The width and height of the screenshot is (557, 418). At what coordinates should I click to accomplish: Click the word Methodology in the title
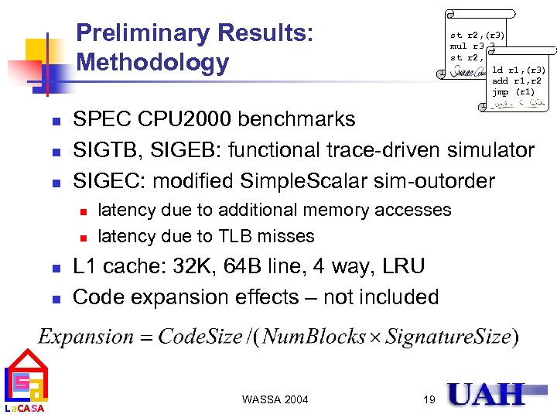[152, 62]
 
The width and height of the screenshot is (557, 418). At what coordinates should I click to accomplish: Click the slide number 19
[430, 399]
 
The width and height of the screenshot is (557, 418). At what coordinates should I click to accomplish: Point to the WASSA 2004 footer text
[275, 399]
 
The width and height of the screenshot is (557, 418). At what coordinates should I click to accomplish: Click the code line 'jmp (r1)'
[513, 91]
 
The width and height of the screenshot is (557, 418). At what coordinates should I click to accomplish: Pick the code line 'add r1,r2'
[511, 81]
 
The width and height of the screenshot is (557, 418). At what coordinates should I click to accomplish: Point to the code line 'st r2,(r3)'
[477, 35]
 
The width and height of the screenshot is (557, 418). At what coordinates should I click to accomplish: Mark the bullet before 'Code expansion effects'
[55, 298]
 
